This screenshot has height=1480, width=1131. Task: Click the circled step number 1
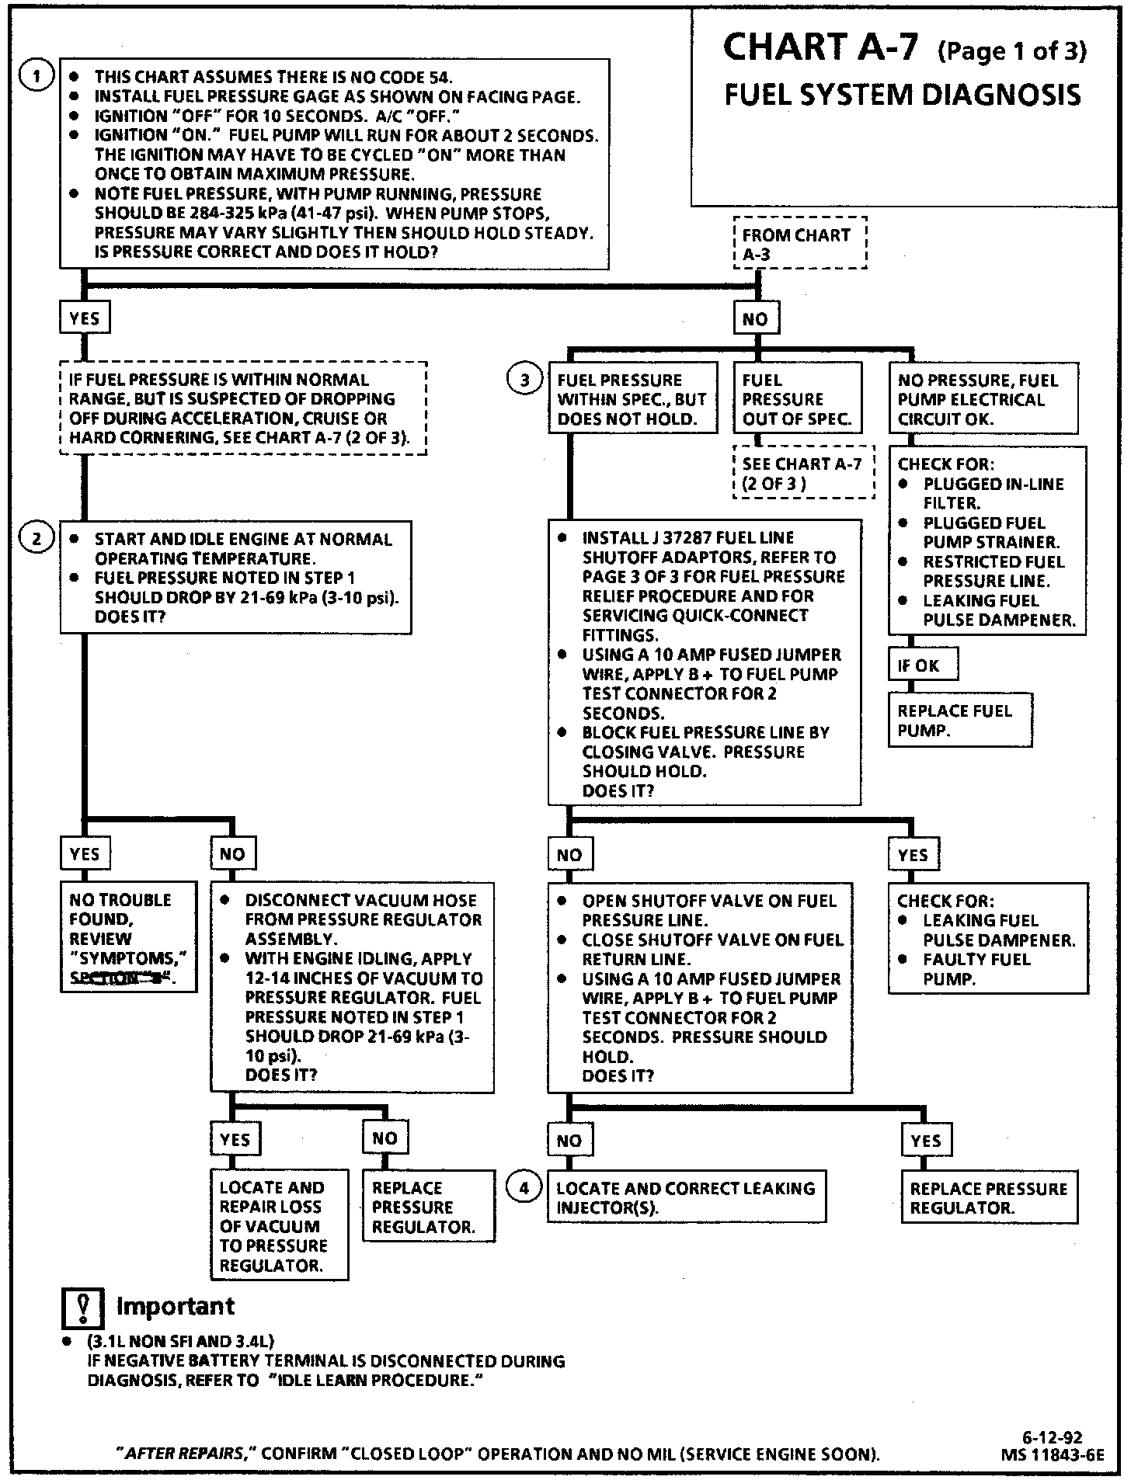pos(37,77)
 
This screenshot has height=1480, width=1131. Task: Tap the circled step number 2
pos(37,538)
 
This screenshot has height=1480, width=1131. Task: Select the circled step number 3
pos(525,380)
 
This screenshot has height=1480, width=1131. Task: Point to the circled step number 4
pos(524,1187)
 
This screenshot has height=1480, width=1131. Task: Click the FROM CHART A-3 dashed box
pos(799,244)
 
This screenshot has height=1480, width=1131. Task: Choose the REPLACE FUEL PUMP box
pos(960,721)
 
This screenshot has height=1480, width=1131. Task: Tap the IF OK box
pos(922,665)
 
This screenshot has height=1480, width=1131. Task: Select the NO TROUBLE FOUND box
pos(128,938)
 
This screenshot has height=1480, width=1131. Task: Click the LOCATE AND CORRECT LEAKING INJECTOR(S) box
pos(686,1197)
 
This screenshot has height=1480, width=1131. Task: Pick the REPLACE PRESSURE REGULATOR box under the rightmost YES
pos(989,1198)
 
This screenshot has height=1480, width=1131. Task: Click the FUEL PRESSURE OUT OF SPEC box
pos(797,399)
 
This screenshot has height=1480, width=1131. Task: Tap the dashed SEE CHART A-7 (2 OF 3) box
pos(803,473)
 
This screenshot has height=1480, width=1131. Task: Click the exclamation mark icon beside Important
pos(82,1308)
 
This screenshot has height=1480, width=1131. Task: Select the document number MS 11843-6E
pos(1053,1454)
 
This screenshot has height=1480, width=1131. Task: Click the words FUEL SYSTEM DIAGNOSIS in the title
pos(902,95)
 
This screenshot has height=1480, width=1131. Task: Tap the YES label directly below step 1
pos(84,318)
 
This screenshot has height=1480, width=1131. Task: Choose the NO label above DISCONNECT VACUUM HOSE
pos(232,854)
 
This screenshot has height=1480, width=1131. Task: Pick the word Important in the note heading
pos(176,1306)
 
